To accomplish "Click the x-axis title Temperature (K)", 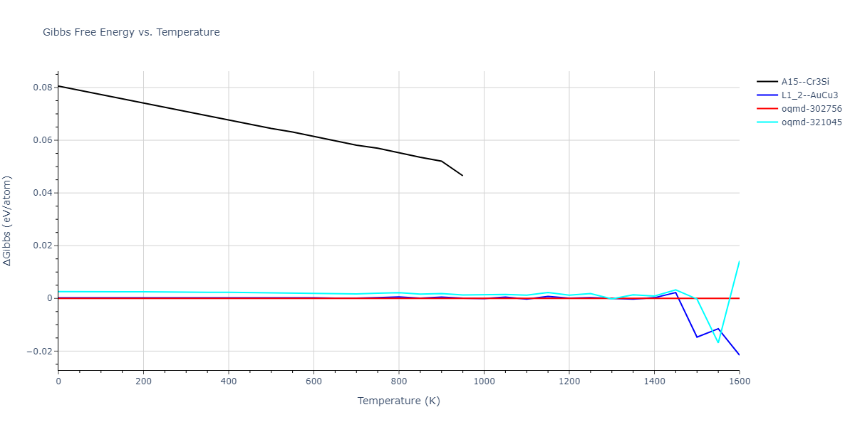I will pyautogui.click(x=398, y=401).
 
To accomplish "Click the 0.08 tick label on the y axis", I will pyautogui.click(x=41, y=88).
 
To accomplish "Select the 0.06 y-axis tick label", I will pyautogui.click(x=41, y=140).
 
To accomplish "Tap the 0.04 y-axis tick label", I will pyautogui.click(x=41, y=193).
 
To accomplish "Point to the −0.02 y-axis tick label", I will pyautogui.click(x=38, y=351).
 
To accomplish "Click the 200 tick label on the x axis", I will pyautogui.click(x=143, y=381).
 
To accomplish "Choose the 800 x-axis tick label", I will pyautogui.click(x=399, y=381).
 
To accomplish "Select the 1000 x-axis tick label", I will pyautogui.click(x=484, y=381).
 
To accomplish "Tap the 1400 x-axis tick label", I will pyautogui.click(x=654, y=381).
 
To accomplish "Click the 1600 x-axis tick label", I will pyautogui.click(x=739, y=381).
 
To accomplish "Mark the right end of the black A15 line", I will pyautogui.click(x=462, y=175).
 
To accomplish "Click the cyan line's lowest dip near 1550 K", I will pyautogui.click(x=718, y=342).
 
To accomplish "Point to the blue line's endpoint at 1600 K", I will pyautogui.click(x=739, y=354).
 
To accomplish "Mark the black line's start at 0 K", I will pyautogui.click(x=58, y=86).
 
